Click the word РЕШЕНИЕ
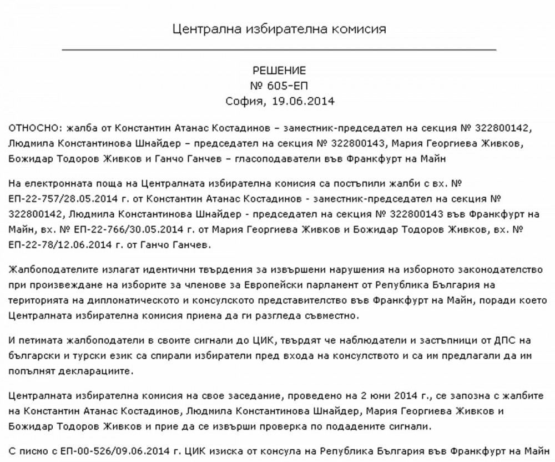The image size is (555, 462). [279, 71]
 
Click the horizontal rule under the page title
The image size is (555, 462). [279, 49]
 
